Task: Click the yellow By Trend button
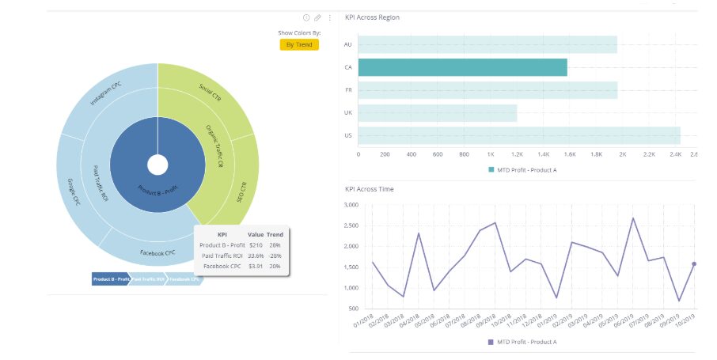[299, 44]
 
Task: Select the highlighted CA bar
[462, 67]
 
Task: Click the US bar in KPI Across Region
[518, 135]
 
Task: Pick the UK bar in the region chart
[437, 113]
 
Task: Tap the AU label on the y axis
[348, 44]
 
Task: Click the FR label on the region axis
[348, 90]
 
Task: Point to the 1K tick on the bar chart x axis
[491, 154]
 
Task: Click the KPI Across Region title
[372, 17]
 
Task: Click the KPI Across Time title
[369, 189]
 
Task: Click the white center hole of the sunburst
[157, 165]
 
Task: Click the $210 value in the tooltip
[256, 245]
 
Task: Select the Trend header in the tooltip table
[275, 235]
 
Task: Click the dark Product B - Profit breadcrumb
[111, 279]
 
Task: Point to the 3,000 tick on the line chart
[353, 204]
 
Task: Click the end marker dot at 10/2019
[694, 263]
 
